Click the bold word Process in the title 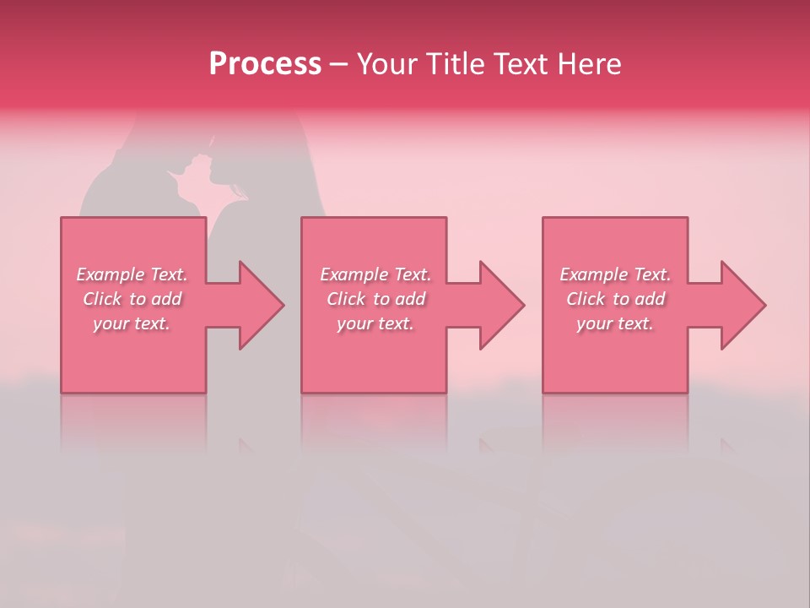tap(265, 64)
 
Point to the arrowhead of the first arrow tap(262, 305)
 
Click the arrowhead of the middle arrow tap(502, 305)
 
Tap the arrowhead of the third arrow tap(743, 305)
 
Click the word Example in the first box tap(111, 274)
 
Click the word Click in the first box tap(102, 299)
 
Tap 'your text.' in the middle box tap(375, 323)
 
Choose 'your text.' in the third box tap(614, 323)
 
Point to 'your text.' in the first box tap(131, 323)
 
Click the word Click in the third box tap(586, 299)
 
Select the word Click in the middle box tap(346, 299)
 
